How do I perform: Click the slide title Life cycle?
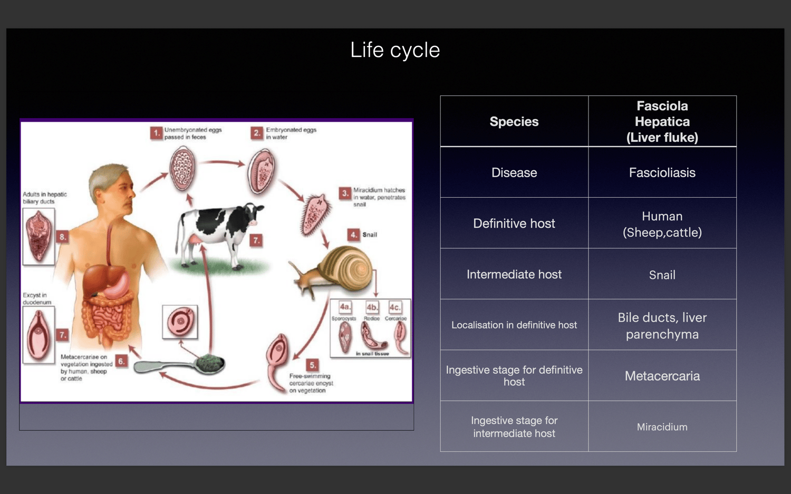coord(395,50)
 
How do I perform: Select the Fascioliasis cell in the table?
coord(662,172)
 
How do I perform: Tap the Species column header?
coord(514,121)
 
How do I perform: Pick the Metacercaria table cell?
coord(662,376)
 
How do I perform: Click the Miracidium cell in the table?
coord(662,427)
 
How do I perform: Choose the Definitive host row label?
coord(514,224)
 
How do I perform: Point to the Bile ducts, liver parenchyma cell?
coord(662,326)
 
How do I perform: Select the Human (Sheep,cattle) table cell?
coord(662,224)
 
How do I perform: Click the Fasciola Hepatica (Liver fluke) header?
coord(662,122)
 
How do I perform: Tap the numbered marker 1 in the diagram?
coord(156,133)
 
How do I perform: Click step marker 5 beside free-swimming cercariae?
coord(313,365)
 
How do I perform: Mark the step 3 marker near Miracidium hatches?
coord(345,193)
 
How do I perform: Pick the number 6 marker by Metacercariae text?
coord(121,361)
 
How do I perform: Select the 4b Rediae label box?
coord(372,307)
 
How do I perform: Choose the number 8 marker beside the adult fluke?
coord(63,237)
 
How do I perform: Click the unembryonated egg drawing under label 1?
coord(182,169)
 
